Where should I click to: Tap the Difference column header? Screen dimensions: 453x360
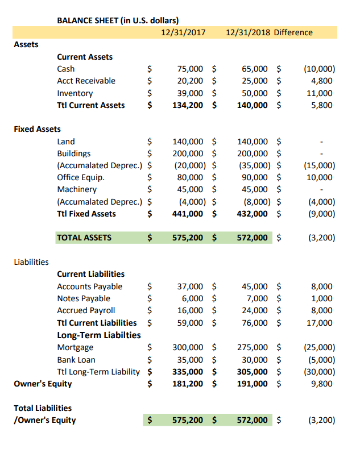[x=293, y=32]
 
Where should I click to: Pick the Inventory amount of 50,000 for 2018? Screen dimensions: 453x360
[x=255, y=93]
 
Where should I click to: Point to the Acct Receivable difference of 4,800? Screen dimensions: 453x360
[x=322, y=81]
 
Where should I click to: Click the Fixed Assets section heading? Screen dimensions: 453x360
[x=37, y=129]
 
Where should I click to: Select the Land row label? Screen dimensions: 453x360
[x=66, y=142]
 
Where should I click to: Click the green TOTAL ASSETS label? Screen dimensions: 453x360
[x=84, y=238]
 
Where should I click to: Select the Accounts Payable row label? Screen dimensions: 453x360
[x=89, y=286]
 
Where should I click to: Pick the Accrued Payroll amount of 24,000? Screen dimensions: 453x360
[x=255, y=310]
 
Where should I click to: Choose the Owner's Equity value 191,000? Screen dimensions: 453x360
[x=253, y=383]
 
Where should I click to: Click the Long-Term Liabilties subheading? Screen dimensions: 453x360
[x=99, y=335]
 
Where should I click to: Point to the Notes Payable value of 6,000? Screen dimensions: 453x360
[x=193, y=298]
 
